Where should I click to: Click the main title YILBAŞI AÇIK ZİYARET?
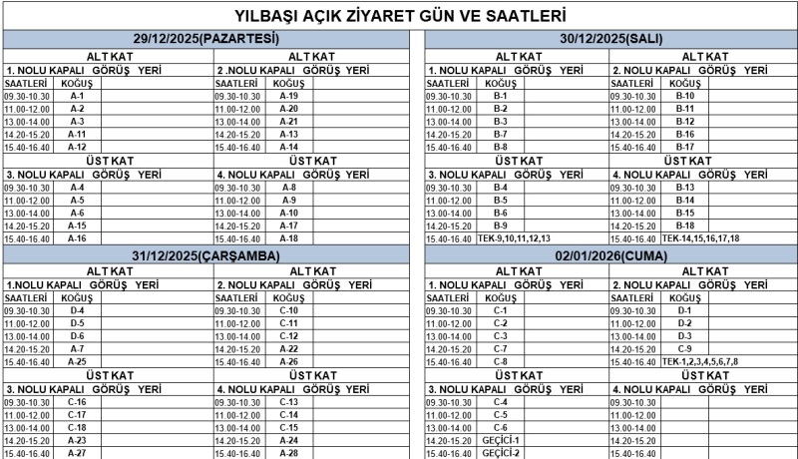[399, 16]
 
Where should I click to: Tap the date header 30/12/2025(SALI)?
[611, 38]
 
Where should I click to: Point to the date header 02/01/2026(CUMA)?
[611, 255]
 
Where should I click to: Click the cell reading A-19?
[288, 96]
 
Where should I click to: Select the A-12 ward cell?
[77, 147]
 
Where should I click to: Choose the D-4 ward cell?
[77, 310]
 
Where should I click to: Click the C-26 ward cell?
[288, 361]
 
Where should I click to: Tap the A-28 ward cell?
[288, 453]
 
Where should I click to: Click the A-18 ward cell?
[288, 238]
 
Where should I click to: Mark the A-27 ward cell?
[77, 453]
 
